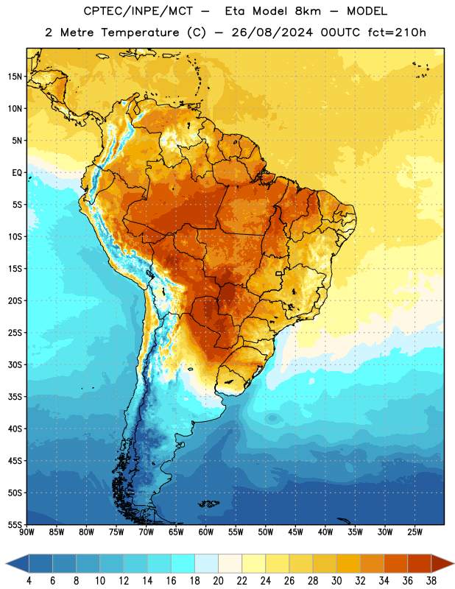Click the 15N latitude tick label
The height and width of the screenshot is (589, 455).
pyautogui.click(x=15, y=77)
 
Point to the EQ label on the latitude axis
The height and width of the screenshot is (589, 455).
pyautogui.click(x=17, y=173)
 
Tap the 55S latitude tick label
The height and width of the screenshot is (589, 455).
pyautogui.click(x=15, y=524)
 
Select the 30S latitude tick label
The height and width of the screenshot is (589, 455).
pyautogui.click(x=15, y=364)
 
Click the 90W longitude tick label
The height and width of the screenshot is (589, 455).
pyautogui.click(x=27, y=532)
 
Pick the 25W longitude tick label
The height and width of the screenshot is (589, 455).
pyautogui.click(x=415, y=532)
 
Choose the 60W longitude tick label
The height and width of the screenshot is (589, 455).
pyautogui.click(x=206, y=532)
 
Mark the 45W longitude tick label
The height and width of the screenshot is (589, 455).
pyautogui.click(x=295, y=532)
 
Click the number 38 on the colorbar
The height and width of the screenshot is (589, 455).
pyautogui.click(x=431, y=581)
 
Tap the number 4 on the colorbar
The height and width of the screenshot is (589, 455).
pyautogui.click(x=29, y=581)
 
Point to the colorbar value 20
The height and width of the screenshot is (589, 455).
pyautogui.click(x=218, y=581)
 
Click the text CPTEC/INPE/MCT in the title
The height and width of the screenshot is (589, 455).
pyautogui.click(x=138, y=11)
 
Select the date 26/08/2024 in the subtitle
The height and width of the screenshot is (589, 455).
pyautogui.click(x=272, y=32)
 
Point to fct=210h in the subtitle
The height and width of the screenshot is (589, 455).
pyautogui.click(x=397, y=32)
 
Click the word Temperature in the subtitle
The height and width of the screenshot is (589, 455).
pyautogui.click(x=140, y=33)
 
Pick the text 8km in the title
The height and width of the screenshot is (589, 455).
pyautogui.click(x=308, y=11)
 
